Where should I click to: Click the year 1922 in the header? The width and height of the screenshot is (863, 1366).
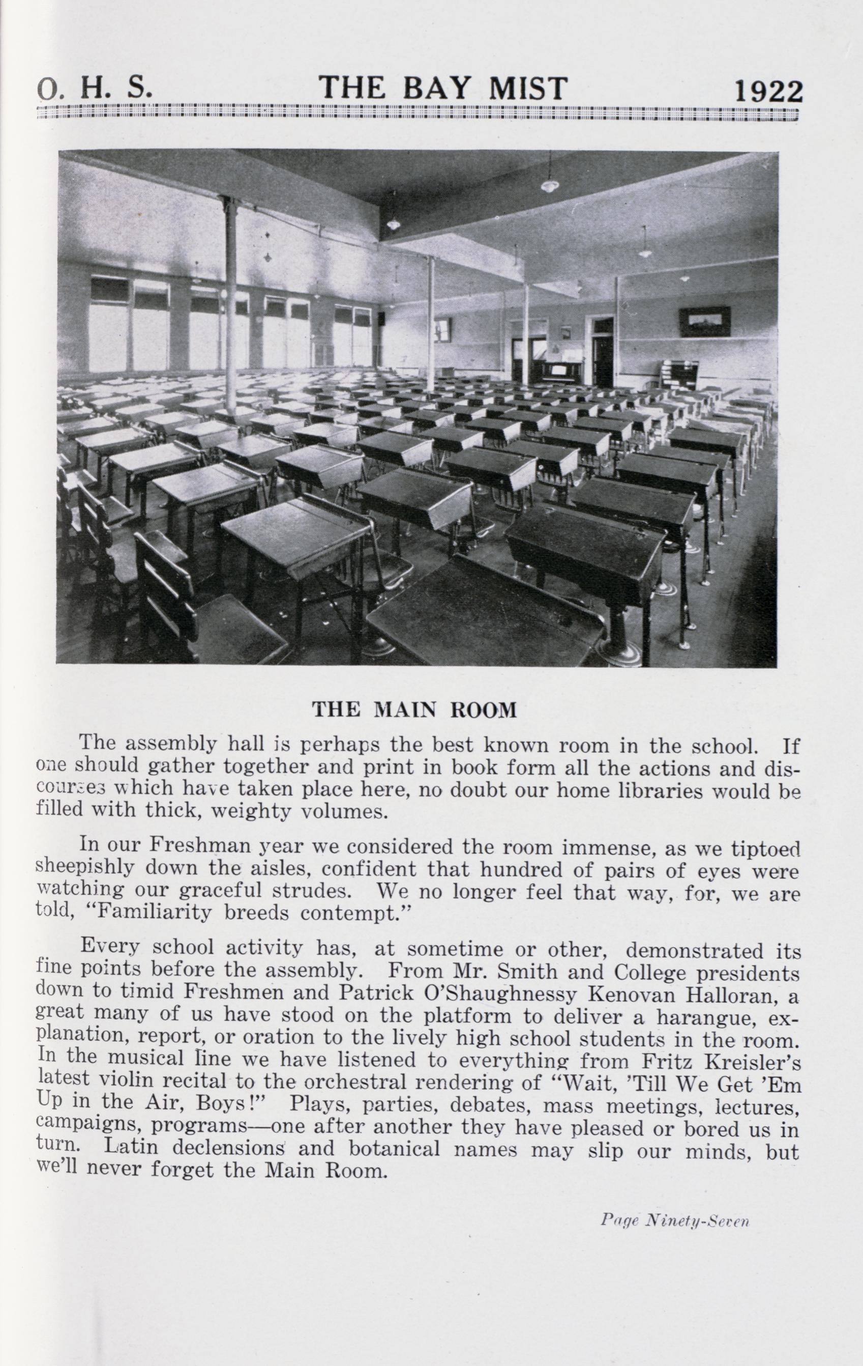[768, 91]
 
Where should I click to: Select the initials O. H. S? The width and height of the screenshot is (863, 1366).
[95, 88]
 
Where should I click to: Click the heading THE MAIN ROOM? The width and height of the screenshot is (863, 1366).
[414, 709]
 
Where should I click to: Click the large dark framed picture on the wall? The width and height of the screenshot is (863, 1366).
[704, 321]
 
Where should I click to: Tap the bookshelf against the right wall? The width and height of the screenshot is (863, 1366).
[678, 375]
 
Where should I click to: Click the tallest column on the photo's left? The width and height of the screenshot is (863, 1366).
[231, 301]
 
